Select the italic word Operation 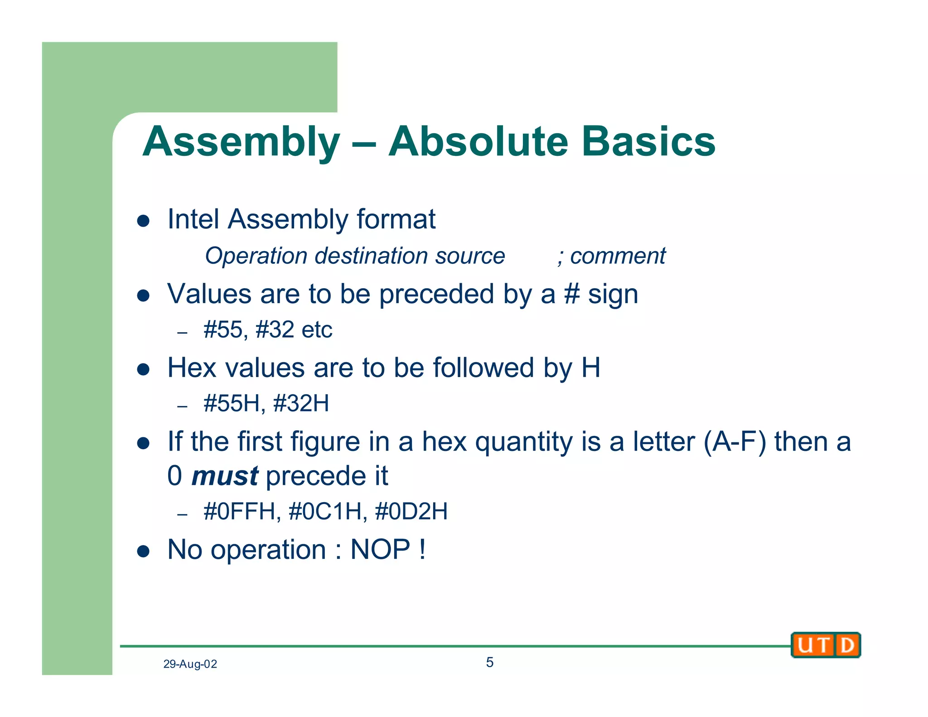click(x=256, y=256)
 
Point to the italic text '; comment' click(x=612, y=256)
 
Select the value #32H click(x=301, y=403)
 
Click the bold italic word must click(x=225, y=476)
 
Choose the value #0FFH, click(x=242, y=511)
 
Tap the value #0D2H click(x=411, y=511)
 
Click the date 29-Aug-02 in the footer click(x=190, y=664)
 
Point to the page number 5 click(x=489, y=662)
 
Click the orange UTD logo click(x=826, y=645)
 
